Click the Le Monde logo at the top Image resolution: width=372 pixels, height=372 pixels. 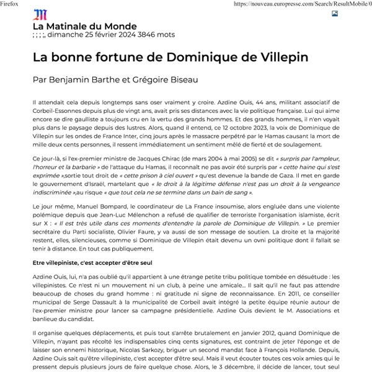tap(39, 14)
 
